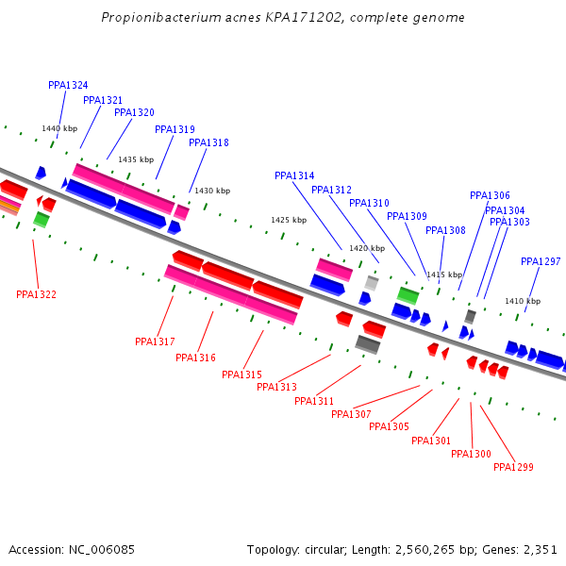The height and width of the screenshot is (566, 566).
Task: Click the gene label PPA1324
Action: (68, 85)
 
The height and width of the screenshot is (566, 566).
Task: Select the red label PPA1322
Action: (36, 294)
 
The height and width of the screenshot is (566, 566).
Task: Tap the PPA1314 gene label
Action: (294, 175)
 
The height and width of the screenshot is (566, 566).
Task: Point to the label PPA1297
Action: (541, 261)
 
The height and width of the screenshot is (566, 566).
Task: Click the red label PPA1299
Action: (513, 467)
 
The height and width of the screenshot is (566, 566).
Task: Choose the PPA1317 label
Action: (155, 341)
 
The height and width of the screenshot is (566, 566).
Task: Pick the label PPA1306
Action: (490, 195)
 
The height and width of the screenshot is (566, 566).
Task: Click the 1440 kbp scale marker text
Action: (58, 128)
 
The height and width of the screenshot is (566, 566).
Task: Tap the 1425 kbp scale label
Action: (289, 220)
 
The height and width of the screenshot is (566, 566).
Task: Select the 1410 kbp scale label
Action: (523, 301)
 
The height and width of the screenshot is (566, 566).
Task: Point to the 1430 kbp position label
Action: (212, 191)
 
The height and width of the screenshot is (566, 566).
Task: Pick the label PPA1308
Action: (445, 230)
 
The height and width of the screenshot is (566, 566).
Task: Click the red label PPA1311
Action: (314, 401)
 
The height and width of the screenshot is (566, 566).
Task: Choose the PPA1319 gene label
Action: (175, 129)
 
